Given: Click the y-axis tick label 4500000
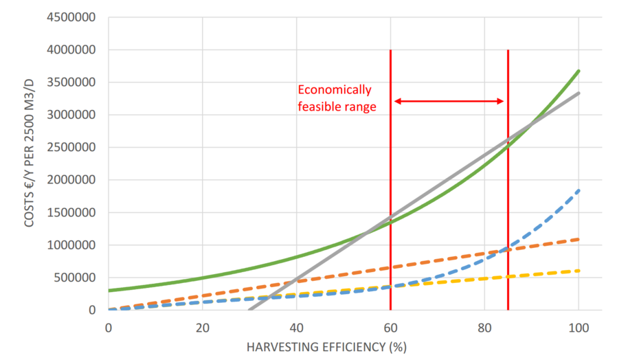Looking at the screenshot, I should coord(73,17).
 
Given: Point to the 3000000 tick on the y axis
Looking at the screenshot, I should coord(73,115).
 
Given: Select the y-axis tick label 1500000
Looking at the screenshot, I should coord(73,212).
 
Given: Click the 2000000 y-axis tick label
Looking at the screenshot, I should coord(73,180).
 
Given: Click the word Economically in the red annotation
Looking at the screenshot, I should coord(334,90).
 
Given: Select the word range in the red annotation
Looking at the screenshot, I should coord(363,106).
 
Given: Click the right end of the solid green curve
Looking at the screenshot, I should coord(579,71).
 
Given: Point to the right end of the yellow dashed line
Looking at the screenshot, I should coord(579,271).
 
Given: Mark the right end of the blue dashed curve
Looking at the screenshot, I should coord(579,190).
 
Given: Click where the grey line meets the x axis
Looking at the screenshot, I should coord(249,310).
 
